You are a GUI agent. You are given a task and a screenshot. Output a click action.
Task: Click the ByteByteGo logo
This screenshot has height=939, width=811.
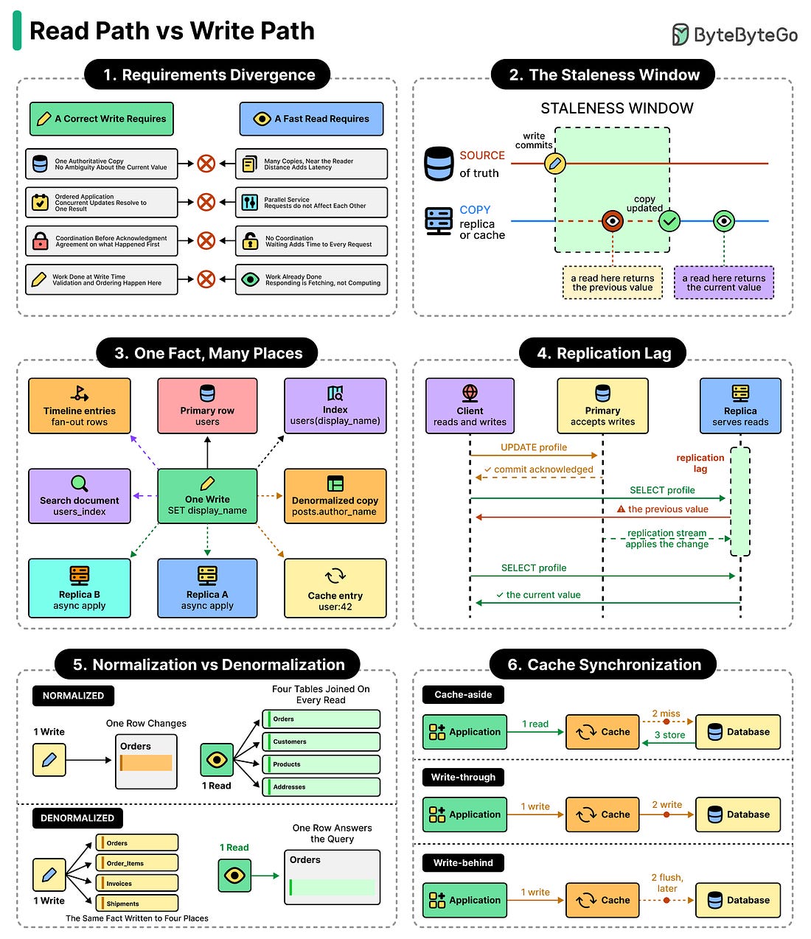click(734, 35)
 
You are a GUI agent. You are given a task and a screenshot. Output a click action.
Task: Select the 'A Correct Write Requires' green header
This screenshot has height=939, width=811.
click(101, 119)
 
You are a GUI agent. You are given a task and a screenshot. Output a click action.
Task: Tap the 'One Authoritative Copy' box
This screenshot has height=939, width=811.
click(101, 164)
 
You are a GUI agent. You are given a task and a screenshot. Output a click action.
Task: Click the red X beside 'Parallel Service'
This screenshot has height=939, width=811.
click(206, 202)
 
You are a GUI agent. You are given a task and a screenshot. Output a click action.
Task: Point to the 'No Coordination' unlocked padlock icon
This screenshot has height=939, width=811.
click(250, 240)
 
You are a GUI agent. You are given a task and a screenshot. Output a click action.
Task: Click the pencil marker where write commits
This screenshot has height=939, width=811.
click(554, 163)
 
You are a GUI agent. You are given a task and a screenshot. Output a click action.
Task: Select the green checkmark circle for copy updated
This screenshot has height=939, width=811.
click(669, 221)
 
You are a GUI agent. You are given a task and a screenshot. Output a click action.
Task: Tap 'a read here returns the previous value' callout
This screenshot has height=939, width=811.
click(612, 282)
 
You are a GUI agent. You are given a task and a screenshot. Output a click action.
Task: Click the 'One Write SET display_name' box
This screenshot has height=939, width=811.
click(207, 495)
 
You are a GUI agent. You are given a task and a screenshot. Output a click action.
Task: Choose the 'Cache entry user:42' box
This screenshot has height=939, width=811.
click(335, 588)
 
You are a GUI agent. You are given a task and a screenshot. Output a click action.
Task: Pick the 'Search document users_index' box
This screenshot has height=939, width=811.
click(80, 495)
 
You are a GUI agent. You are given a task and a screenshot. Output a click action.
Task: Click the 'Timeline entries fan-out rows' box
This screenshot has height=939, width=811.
click(80, 405)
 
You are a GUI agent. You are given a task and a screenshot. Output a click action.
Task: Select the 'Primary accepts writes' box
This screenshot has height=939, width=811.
click(602, 405)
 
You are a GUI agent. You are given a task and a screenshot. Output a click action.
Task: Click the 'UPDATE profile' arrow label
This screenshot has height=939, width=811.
click(533, 447)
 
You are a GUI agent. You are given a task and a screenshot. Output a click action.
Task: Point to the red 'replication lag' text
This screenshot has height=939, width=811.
click(700, 463)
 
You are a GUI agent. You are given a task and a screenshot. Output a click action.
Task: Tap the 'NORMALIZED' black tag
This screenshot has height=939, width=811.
click(73, 696)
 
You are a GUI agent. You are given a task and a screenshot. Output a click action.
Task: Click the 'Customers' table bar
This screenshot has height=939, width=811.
click(321, 741)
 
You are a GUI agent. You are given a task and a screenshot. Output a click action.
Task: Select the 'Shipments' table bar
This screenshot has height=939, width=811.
click(136, 903)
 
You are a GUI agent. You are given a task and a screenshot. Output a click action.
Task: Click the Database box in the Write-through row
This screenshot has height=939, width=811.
click(738, 814)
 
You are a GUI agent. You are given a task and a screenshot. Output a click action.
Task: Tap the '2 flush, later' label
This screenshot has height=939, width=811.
click(666, 883)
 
